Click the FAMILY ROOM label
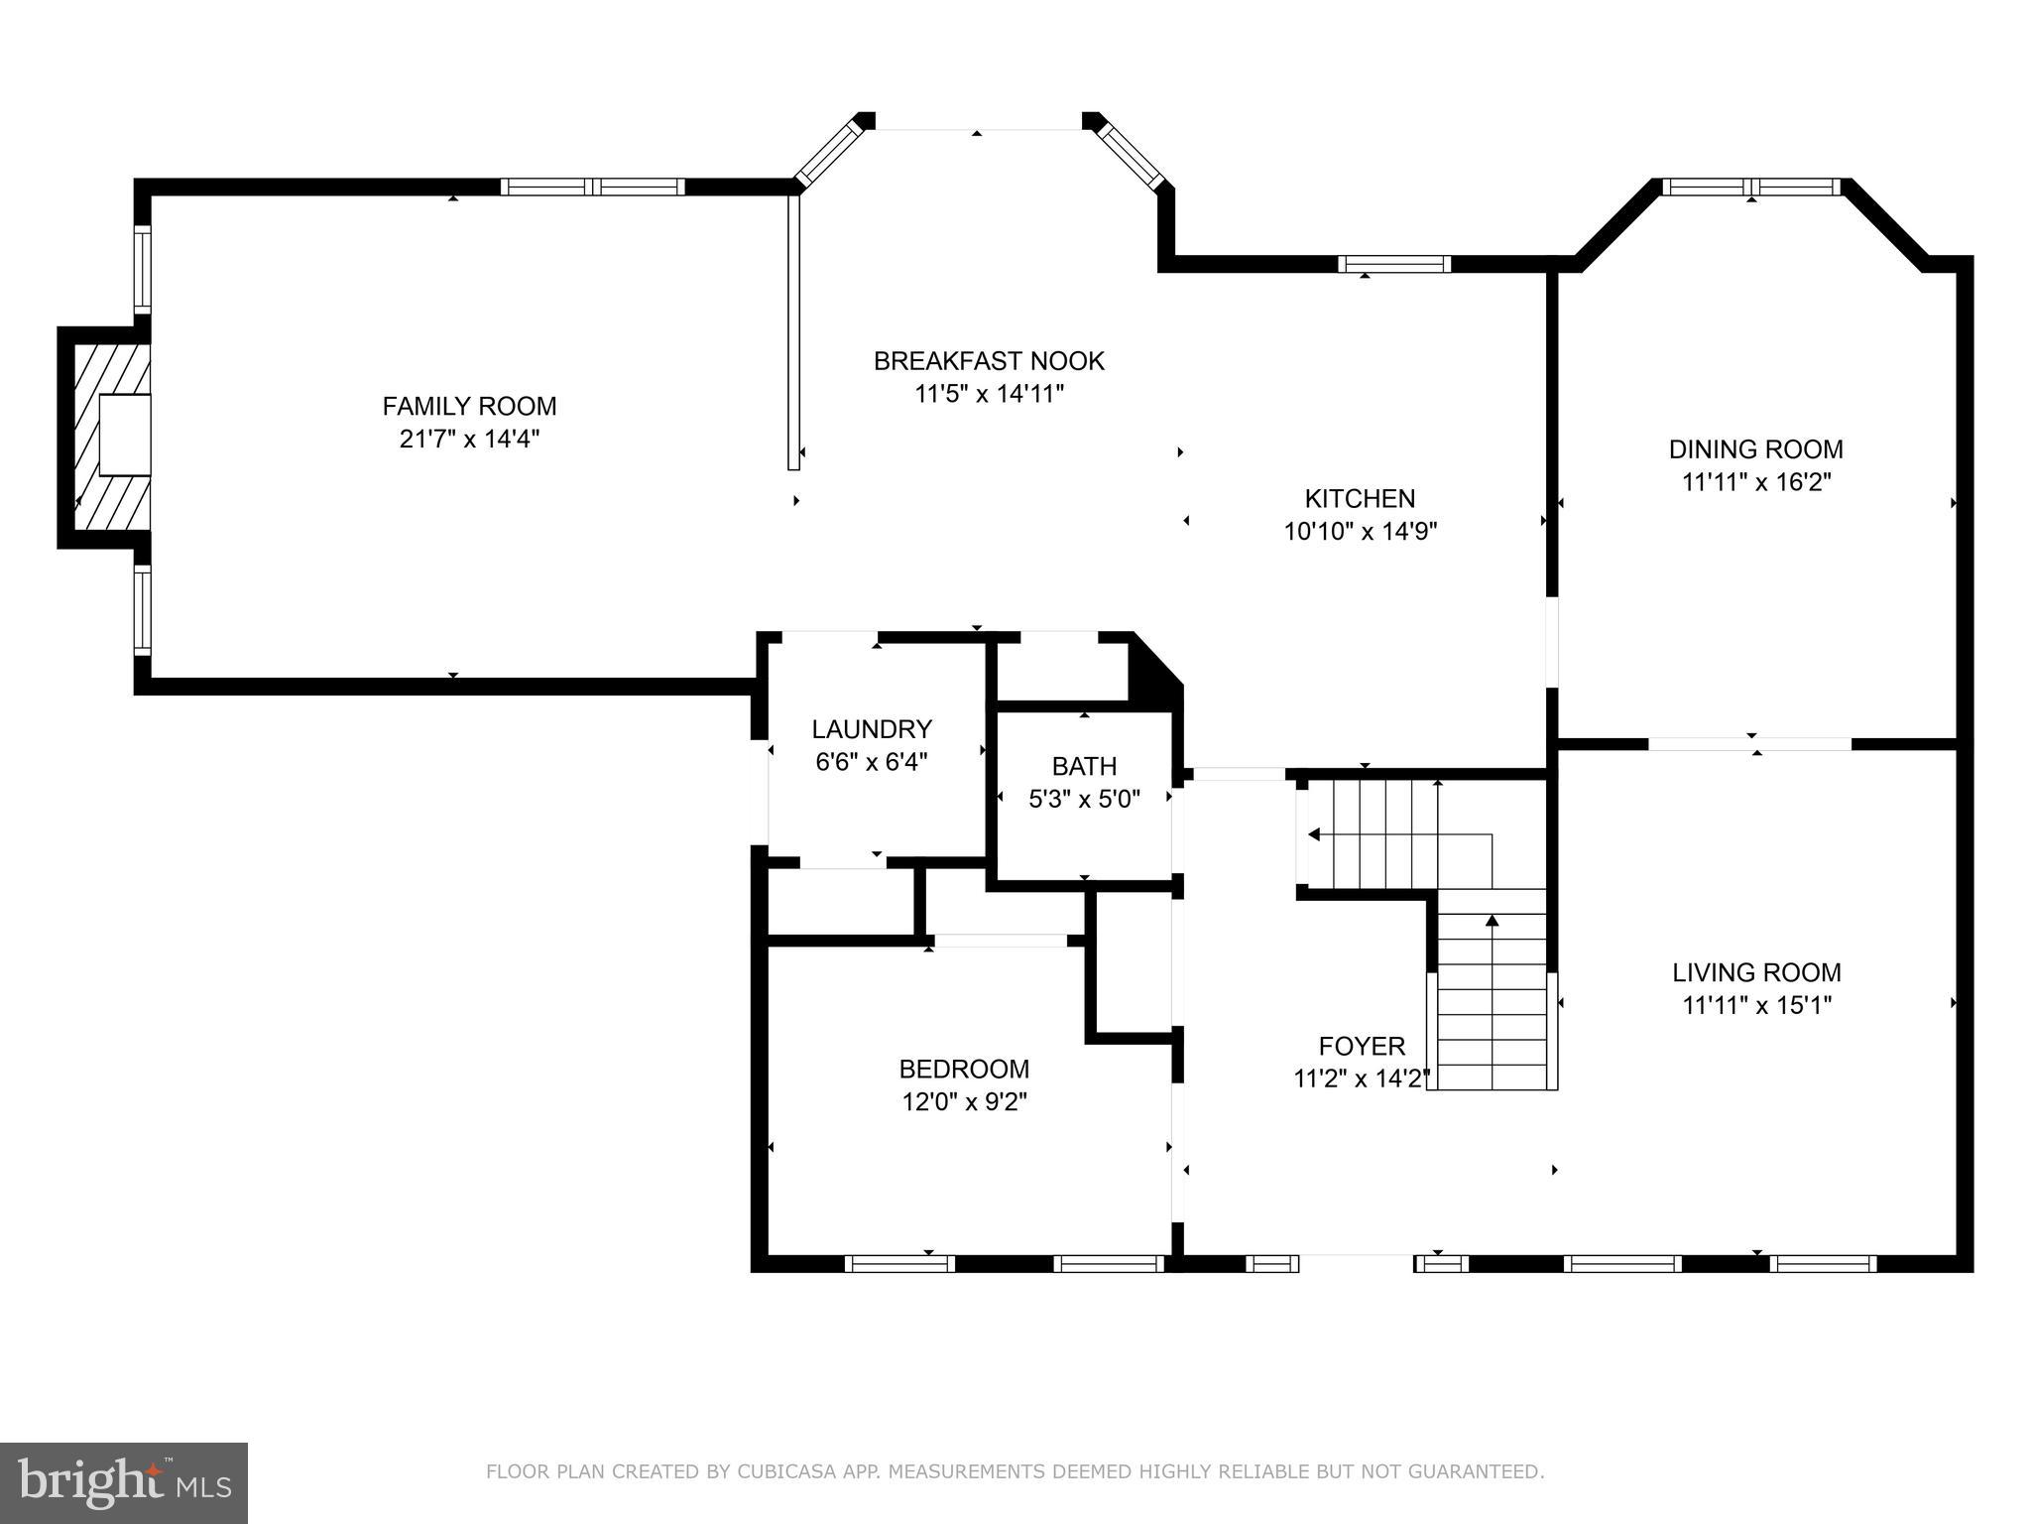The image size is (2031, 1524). [469, 406]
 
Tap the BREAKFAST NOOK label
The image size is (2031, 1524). [989, 361]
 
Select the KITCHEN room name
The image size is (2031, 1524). [1360, 498]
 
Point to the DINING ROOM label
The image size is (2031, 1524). [1755, 449]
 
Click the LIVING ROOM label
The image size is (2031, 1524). [1756, 972]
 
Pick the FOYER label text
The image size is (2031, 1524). [1362, 1046]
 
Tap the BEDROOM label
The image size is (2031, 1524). [964, 1069]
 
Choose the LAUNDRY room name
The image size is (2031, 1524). [872, 729]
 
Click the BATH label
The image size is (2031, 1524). [1084, 766]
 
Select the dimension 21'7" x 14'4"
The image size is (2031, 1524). [469, 439]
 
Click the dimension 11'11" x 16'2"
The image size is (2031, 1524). [1755, 482]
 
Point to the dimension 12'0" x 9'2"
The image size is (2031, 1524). [964, 1101]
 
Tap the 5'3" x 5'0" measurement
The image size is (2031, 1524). [1084, 799]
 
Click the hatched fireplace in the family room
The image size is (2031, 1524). [105, 437]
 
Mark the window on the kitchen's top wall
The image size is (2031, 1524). [1394, 264]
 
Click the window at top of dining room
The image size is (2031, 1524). [1751, 187]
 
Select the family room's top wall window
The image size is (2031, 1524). [592, 187]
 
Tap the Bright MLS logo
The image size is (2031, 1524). [124, 1482]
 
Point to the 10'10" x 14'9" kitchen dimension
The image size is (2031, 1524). [1360, 531]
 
